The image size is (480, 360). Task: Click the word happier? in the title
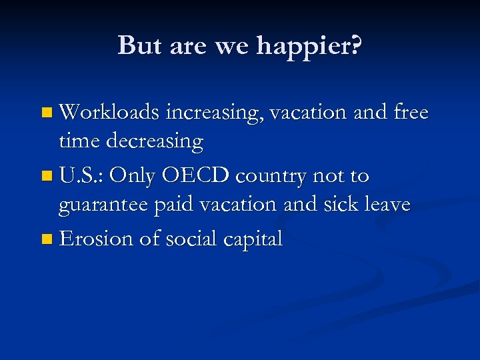tap(309, 45)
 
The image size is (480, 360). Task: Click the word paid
tap(175, 205)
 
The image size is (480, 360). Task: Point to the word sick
tap(340, 204)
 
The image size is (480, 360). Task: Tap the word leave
tap(386, 204)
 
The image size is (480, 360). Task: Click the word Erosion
tap(97, 238)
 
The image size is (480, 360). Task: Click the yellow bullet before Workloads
tap(45, 113)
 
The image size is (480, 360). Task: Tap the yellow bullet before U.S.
tap(45, 177)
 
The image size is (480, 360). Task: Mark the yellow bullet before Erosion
tap(45, 239)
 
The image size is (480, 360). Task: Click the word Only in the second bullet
tap(132, 176)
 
